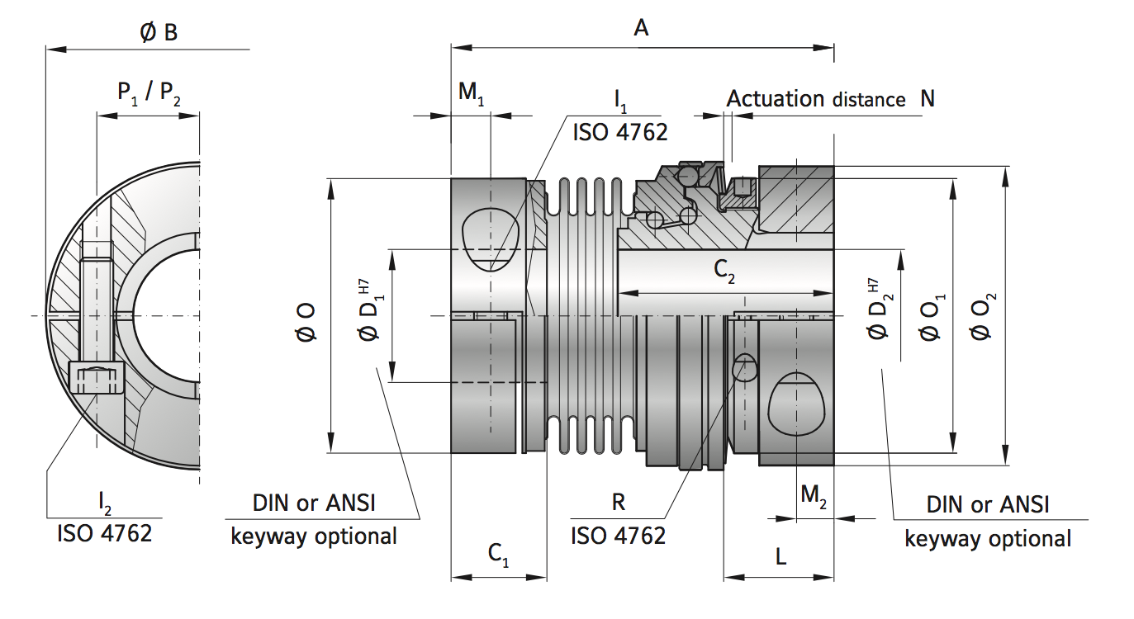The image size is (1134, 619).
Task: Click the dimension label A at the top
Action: [x=641, y=28]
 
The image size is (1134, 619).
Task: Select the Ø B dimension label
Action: [x=159, y=32]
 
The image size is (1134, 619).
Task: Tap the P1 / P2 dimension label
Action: [x=149, y=93]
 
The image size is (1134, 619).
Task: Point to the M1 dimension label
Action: [x=472, y=93]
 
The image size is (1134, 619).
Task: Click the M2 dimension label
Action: [x=814, y=495]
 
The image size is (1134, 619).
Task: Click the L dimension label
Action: [x=781, y=557]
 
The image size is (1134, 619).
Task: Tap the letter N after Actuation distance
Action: [x=928, y=99]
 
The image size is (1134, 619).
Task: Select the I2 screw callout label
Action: [x=104, y=501]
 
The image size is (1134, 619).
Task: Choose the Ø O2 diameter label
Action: [x=983, y=317]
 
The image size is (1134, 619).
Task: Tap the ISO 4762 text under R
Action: [x=618, y=536]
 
